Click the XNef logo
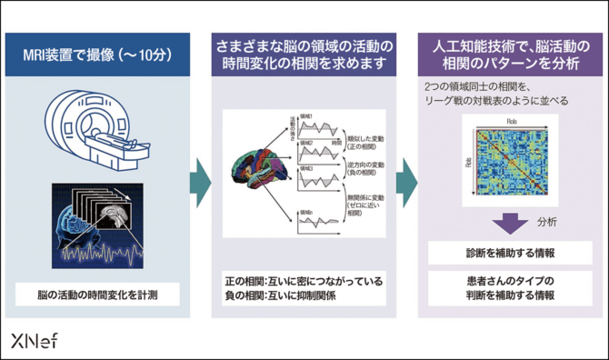(x=34, y=342)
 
